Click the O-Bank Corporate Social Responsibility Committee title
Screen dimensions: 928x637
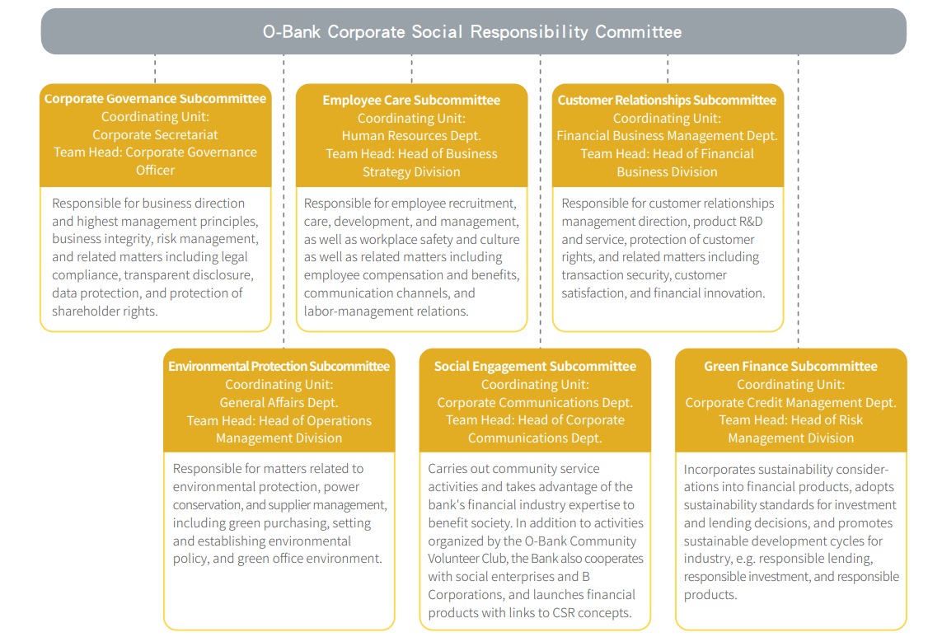click(x=472, y=31)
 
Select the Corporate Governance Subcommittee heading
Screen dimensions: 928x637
click(x=155, y=98)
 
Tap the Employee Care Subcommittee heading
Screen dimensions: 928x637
click(x=411, y=100)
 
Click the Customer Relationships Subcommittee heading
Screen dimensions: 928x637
click(x=667, y=100)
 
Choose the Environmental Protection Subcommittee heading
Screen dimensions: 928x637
click(x=279, y=366)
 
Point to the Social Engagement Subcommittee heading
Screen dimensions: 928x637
click(x=535, y=366)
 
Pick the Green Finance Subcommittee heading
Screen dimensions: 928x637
click(x=790, y=366)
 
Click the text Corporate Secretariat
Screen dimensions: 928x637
click(x=155, y=134)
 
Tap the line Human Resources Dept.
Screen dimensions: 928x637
click(x=411, y=136)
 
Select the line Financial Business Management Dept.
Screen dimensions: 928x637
click(x=667, y=136)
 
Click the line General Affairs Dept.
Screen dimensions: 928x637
click(x=279, y=403)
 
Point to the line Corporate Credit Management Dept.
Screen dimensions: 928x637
click(x=790, y=403)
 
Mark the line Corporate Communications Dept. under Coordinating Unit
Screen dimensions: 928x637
click(x=535, y=403)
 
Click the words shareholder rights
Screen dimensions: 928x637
click(x=105, y=311)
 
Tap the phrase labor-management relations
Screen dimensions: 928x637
click(x=386, y=311)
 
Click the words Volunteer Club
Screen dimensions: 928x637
click(x=467, y=558)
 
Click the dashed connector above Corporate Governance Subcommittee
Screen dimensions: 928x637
click(x=155, y=68)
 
